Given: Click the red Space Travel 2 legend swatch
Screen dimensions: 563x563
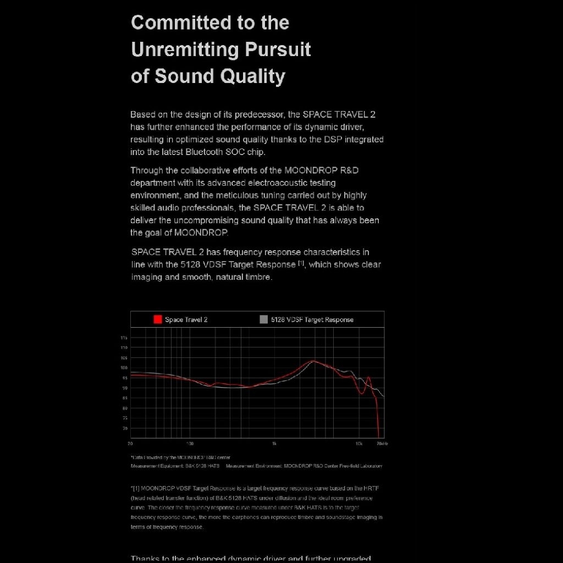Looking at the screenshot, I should [x=158, y=319].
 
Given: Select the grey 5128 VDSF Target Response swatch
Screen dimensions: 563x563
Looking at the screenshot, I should [x=264, y=319].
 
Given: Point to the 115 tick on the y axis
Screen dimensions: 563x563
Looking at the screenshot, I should [x=124, y=338].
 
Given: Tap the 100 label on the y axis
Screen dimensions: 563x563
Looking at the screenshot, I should [x=124, y=368].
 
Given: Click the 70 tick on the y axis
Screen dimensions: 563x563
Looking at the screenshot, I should [x=124, y=428].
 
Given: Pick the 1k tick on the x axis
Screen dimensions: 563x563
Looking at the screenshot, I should [x=274, y=443].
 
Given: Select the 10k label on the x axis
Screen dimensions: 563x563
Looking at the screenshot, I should [x=358, y=443].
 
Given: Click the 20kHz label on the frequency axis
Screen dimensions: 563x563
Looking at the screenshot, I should [x=382, y=443].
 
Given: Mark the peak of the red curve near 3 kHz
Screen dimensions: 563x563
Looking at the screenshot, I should [x=313, y=361].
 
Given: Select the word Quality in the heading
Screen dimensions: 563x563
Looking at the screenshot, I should [x=252, y=76].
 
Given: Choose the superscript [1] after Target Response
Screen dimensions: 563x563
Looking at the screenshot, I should [x=301, y=263].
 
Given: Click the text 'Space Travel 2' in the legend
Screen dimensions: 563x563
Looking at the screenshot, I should [x=186, y=319].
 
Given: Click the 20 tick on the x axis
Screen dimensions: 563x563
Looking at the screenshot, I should [x=130, y=443].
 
